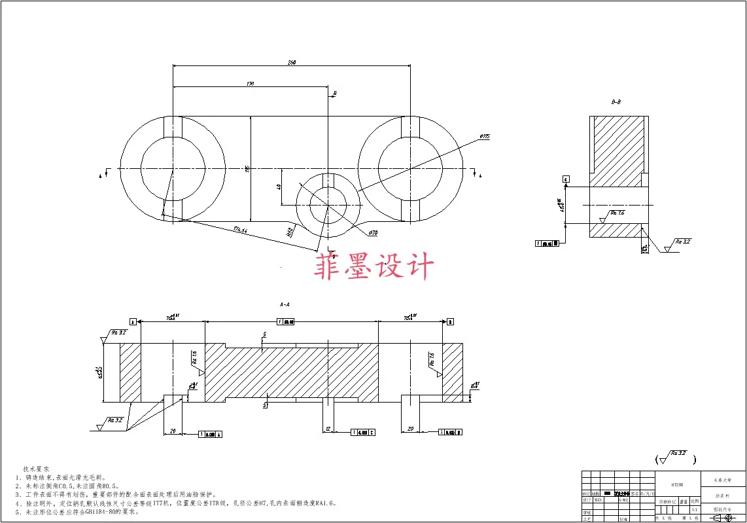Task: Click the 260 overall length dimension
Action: pyautogui.click(x=292, y=62)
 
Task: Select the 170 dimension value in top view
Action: pyautogui.click(x=250, y=84)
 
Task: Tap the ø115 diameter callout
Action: pyautogui.click(x=484, y=136)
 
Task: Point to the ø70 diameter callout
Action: pyautogui.click(x=373, y=232)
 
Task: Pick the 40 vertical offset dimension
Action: pyautogui.click(x=279, y=187)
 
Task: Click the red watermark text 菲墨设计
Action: pyautogui.click(x=374, y=267)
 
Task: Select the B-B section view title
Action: pyautogui.click(x=616, y=102)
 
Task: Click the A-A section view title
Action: pyautogui.click(x=285, y=304)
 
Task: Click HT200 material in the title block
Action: pyautogui.click(x=677, y=485)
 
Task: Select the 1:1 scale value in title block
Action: pyautogui.click(x=694, y=509)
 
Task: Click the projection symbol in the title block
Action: pyautogui.click(x=723, y=518)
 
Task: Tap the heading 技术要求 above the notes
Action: pyautogui.click(x=36, y=469)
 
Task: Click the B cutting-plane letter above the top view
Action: pyautogui.click(x=334, y=94)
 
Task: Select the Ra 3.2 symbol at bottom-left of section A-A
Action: pyautogui.click(x=112, y=422)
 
